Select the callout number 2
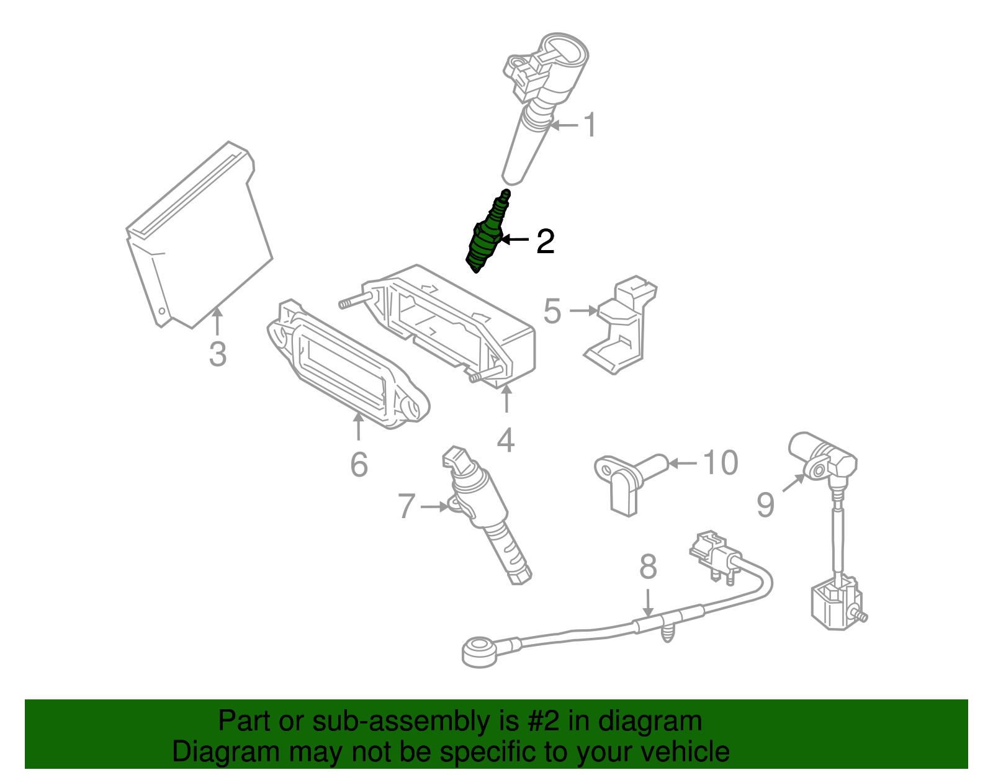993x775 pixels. point(545,241)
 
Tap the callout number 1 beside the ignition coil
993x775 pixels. point(590,125)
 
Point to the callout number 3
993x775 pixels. point(218,354)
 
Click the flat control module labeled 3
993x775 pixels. point(199,236)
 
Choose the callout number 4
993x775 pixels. point(506,440)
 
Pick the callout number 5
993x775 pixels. point(552,311)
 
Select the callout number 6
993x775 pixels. point(359,464)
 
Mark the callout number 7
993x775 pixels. point(406,506)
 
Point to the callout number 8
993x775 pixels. point(648,567)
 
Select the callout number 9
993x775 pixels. point(765,504)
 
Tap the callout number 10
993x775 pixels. point(720,463)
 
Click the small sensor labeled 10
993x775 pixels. point(627,481)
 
